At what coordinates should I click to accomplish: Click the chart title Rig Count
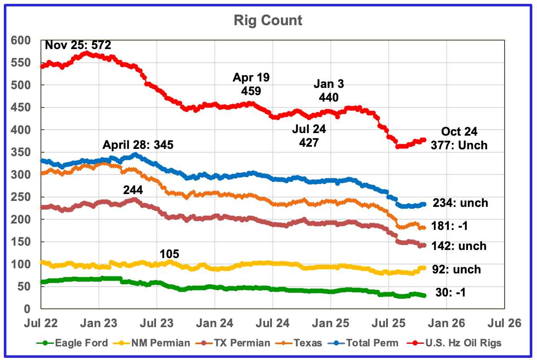click(x=268, y=20)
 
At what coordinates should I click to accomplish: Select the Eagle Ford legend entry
click(x=81, y=343)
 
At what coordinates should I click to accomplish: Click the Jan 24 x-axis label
click(x=214, y=323)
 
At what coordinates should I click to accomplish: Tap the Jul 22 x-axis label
click(x=40, y=323)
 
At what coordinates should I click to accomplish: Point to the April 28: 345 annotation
click(x=138, y=145)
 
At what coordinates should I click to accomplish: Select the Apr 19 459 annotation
click(x=251, y=84)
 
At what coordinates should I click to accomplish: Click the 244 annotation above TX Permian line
click(x=133, y=190)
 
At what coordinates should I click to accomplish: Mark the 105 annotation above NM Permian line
click(x=169, y=254)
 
